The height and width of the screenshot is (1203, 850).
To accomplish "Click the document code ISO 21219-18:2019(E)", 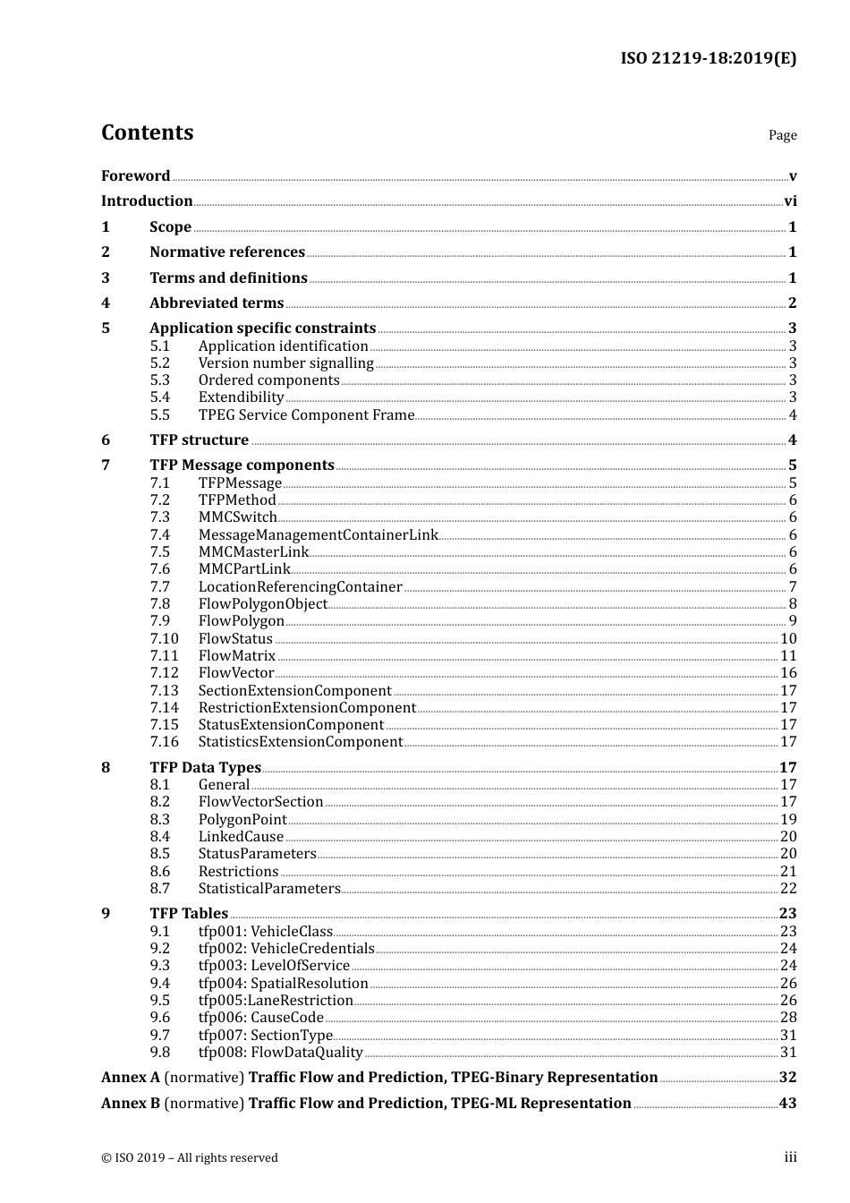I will coord(708,58).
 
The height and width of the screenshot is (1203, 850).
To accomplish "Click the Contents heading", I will coord(147,132).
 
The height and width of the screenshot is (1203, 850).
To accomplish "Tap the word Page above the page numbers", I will coord(782,135).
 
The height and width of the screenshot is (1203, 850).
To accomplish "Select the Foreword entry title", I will coord(135,175).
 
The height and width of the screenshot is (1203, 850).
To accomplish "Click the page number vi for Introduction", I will coord(790,201).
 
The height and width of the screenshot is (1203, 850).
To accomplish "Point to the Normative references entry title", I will coord(227,252).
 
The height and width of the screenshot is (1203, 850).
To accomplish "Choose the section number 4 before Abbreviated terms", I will coord(106,303).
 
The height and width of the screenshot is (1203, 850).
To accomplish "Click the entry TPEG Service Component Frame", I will coord(306,415).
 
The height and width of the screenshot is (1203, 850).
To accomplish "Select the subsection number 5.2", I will coord(160,363).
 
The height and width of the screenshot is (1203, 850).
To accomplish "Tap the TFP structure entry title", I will coord(199,440).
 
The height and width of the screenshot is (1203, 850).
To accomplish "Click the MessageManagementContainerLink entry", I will coord(318,535).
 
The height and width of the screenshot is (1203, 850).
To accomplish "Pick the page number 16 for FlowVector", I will coord(788,673).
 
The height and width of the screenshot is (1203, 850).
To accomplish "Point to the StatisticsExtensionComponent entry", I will coord(300,742).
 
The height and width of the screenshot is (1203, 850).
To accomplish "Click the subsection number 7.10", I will coord(164,639).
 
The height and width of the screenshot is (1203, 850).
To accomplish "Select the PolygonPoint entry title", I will coord(242,820).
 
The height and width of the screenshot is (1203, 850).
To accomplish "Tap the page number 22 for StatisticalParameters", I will coord(788,889).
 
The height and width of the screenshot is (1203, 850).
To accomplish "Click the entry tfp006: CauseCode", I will coord(260,1018).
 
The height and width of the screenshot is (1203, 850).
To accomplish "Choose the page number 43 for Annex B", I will coord(787,1104).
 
